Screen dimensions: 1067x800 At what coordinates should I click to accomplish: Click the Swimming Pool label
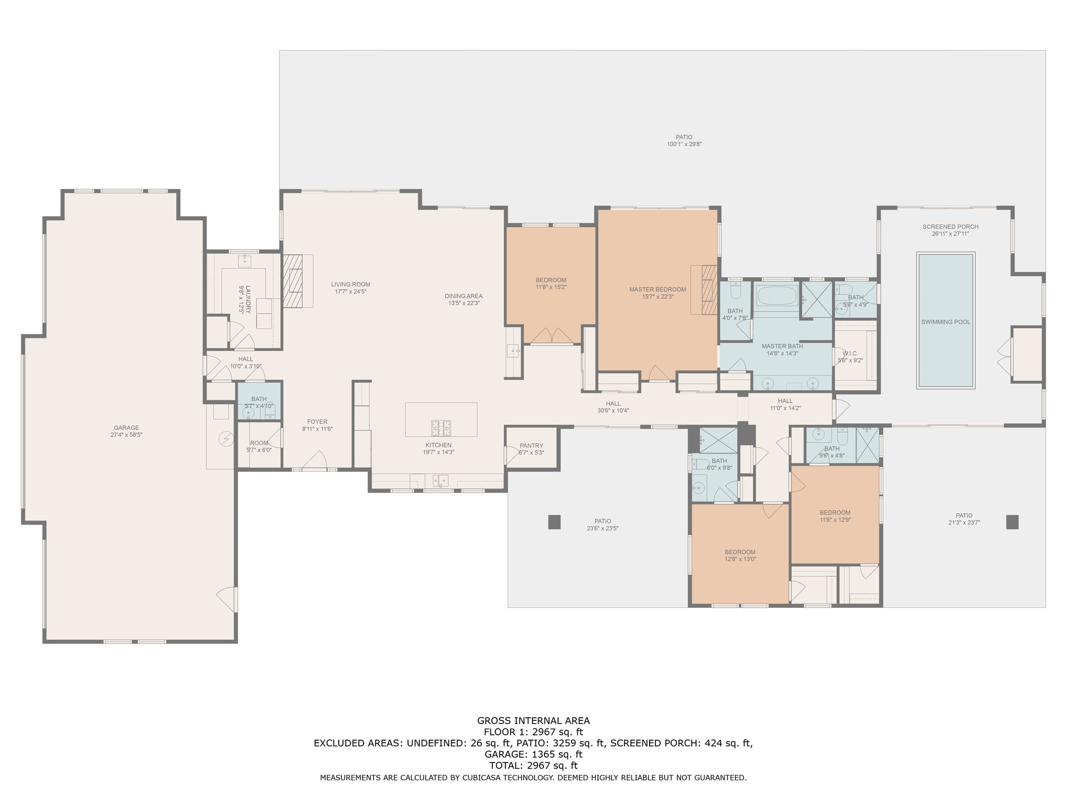pyautogui.click(x=946, y=322)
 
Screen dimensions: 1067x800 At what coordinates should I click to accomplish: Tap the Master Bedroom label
pyautogui.click(x=657, y=290)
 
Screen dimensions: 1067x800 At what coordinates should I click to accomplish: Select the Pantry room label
pyautogui.click(x=531, y=445)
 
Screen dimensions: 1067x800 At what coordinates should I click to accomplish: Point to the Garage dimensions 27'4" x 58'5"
pyautogui.click(x=127, y=435)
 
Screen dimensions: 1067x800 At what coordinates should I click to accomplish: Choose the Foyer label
pyautogui.click(x=317, y=422)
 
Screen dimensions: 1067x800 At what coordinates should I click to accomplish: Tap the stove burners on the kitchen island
pyautogui.click(x=441, y=428)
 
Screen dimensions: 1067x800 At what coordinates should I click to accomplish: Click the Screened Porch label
pyautogui.click(x=950, y=227)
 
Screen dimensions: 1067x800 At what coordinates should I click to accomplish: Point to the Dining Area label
pyautogui.click(x=463, y=296)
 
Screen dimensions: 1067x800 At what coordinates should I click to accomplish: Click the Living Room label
pyautogui.click(x=351, y=284)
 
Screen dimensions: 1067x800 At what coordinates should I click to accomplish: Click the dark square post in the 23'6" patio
pyautogui.click(x=554, y=522)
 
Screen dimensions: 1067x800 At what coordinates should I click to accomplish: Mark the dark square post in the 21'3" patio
pyautogui.click(x=1012, y=522)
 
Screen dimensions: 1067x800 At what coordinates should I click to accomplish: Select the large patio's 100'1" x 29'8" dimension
pyautogui.click(x=684, y=144)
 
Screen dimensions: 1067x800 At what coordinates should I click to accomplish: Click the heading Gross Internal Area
pyautogui.click(x=533, y=721)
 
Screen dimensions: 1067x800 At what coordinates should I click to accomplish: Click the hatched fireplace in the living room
pyautogui.click(x=292, y=281)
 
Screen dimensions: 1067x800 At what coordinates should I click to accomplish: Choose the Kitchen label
pyautogui.click(x=438, y=445)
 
